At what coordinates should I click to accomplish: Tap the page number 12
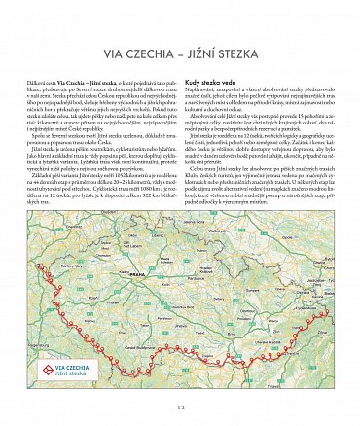[x=180, y=408]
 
